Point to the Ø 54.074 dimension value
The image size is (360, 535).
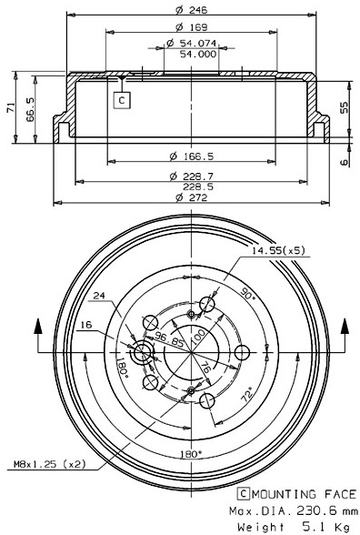point(190,43)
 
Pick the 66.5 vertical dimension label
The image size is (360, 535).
point(32,112)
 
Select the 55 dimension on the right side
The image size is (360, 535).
point(344,106)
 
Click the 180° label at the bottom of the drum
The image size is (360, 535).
point(189,451)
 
